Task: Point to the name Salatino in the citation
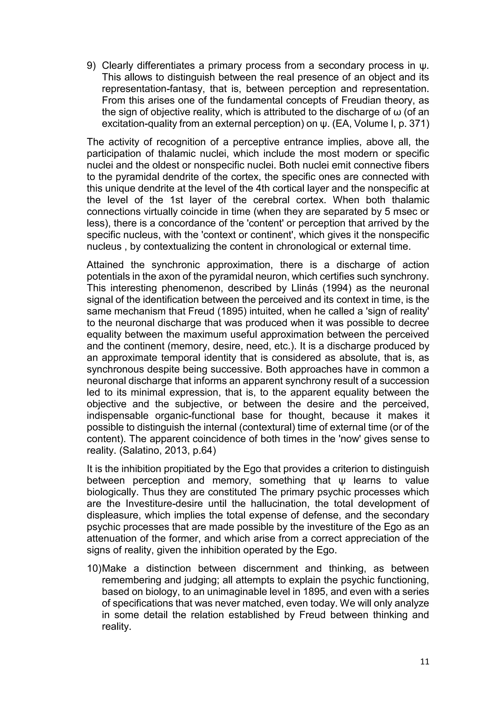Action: click(x=141, y=451)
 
